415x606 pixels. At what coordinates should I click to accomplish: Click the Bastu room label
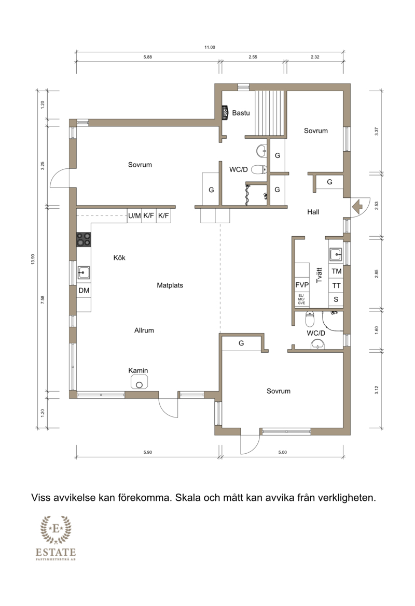[241, 113]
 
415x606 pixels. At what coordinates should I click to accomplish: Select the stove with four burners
[84, 239]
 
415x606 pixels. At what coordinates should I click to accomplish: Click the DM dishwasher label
[84, 290]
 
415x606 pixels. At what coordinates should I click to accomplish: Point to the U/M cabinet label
[134, 215]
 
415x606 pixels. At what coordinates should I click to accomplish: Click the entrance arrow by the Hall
[357, 206]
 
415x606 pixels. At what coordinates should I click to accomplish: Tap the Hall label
[313, 212]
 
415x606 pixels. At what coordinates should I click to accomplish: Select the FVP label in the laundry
[302, 285]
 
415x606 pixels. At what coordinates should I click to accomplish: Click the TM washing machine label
[337, 271]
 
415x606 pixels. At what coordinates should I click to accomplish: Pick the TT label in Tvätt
[337, 285]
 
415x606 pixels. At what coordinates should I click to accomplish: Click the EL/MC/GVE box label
[301, 299]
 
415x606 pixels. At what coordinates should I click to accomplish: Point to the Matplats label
[170, 285]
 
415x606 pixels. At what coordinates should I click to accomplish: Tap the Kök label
[119, 257]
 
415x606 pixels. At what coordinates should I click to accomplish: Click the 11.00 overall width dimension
[210, 47]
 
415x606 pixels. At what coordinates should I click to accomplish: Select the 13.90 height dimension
[33, 259]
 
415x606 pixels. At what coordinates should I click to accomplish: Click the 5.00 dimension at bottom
[283, 452]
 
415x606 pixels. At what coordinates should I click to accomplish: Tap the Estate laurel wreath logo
[56, 529]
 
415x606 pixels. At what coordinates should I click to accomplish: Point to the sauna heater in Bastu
[225, 112]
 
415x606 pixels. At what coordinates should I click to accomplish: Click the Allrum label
[144, 330]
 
